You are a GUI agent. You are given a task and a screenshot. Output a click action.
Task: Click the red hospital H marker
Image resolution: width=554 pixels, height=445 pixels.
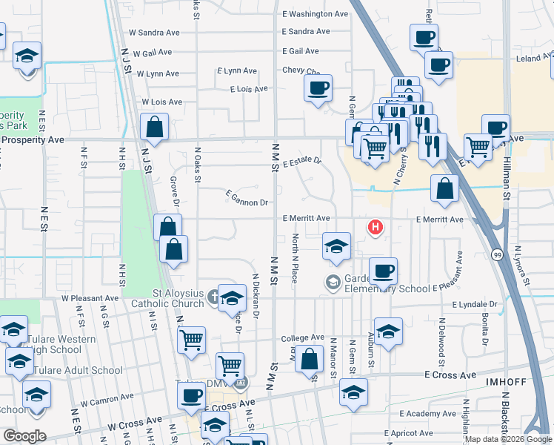tap(376, 227)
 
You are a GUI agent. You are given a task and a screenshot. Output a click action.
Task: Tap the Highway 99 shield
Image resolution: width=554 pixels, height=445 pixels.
tap(496, 254)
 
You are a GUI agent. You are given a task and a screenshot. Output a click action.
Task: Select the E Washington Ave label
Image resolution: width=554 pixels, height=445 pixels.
tap(315, 14)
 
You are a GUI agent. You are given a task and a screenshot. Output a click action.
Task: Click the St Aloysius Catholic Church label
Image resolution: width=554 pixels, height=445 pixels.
tap(167, 298)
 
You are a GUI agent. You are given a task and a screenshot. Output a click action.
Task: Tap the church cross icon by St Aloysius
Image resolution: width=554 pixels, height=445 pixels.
tap(214, 295)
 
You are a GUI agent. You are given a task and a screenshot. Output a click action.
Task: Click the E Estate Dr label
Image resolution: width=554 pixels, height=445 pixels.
tap(302, 161)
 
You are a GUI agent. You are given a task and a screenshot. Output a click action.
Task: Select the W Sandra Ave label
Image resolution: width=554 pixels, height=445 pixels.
tap(154, 33)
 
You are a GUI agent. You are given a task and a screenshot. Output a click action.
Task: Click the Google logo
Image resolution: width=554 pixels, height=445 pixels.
tap(24, 435)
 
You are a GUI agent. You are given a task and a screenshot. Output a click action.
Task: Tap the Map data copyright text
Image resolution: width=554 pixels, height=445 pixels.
tap(508, 439)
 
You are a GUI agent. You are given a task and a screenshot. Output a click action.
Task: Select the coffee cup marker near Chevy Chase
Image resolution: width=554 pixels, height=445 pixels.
tap(318, 89)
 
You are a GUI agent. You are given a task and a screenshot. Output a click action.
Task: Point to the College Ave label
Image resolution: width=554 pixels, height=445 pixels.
tap(302, 338)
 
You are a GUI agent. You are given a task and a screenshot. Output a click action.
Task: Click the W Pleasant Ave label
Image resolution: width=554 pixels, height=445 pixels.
tap(90, 297)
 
